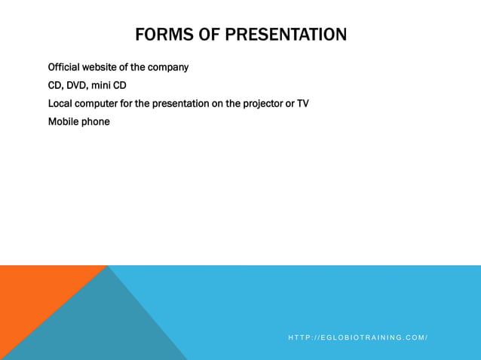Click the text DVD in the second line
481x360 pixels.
click(78, 85)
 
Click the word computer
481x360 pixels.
click(97, 103)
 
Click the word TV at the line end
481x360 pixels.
click(302, 103)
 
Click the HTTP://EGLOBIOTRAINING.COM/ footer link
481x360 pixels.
click(358, 337)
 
